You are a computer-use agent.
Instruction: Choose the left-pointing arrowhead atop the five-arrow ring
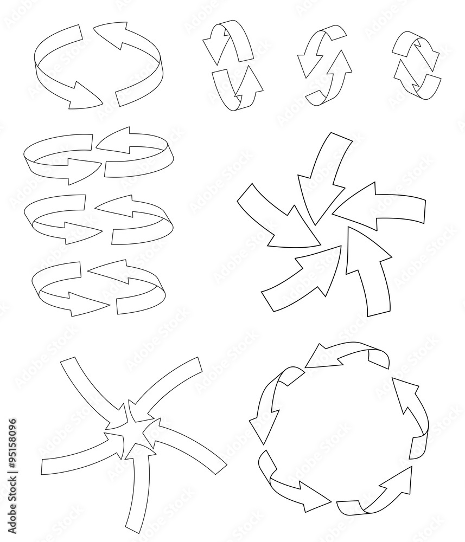[317, 358]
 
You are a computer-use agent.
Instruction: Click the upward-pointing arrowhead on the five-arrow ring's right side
[404, 393]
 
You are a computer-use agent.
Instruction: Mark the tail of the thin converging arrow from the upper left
[68, 366]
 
